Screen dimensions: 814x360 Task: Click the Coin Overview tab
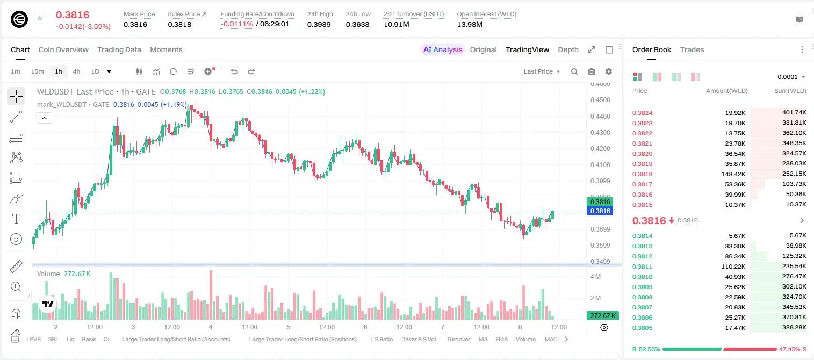point(63,49)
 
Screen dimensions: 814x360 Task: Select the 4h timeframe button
point(76,71)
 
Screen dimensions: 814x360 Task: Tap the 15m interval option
point(38,71)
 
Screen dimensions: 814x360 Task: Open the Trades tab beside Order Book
point(692,49)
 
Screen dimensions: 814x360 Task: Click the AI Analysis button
point(443,49)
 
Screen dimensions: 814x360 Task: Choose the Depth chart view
point(568,49)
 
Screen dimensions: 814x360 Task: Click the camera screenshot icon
point(592,71)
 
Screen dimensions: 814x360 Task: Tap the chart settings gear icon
point(609,71)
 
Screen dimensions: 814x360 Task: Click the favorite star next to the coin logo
point(40,18)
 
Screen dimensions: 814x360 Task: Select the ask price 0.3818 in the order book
point(642,174)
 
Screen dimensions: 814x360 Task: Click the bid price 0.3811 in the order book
point(642,267)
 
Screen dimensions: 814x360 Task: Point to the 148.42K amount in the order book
point(733,174)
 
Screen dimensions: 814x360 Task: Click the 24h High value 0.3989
point(319,24)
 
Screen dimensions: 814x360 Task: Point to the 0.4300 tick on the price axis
point(600,133)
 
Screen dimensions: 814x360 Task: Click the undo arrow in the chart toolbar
point(234,71)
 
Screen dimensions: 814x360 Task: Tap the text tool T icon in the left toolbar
point(16,219)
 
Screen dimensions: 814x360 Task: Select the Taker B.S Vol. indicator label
point(419,339)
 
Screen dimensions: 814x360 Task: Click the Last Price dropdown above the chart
point(542,71)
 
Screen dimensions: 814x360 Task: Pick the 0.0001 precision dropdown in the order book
point(791,77)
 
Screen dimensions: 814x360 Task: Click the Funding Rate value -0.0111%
point(236,24)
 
